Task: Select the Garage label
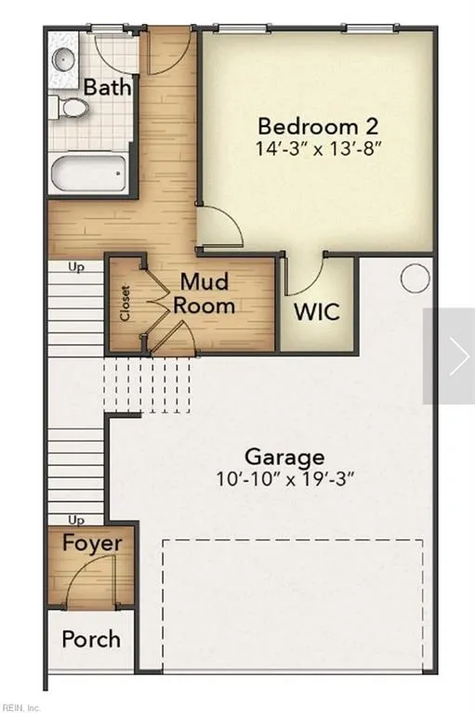[x=284, y=457]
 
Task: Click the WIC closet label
[x=317, y=311]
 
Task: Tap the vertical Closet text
[x=125, y=302]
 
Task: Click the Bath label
[x=108, y=87]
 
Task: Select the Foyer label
[x=91, y=542]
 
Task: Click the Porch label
[x=91, y=639]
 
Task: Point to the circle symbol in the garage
[x=414, y=277]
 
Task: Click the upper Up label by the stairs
[x=76, y=266]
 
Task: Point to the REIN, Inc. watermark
[x=21, y=707]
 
